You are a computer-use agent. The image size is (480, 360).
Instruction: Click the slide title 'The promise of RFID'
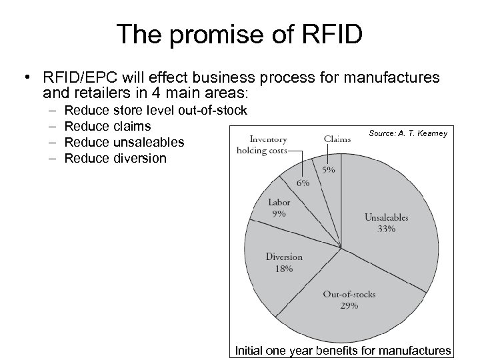[x=240, y=35]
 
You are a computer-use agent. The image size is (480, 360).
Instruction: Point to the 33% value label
[x=386, y=229]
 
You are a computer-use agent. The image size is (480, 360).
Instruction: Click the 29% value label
[x=349, y=305]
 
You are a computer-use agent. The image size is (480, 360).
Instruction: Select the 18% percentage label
[x=284, y=269]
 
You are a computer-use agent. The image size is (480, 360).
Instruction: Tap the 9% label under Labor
[x=279, y=214]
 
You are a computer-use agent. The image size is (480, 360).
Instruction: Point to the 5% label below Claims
[x=329, y=171]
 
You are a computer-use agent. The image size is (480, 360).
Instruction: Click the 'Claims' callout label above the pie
[x=337, y=139]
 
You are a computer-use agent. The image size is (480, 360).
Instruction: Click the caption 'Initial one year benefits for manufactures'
[x=343, y=351]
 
